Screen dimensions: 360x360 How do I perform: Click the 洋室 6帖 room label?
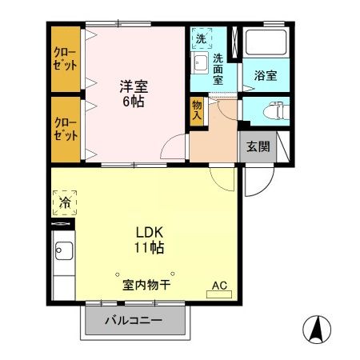point(133,94)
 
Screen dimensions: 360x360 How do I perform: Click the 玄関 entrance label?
point(257,146)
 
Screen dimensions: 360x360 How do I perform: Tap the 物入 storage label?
point(197,110)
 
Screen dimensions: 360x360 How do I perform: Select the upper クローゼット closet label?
point(66,59)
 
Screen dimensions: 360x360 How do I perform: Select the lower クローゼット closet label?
point(66,128)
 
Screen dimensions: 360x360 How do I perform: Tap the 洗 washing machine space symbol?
point(201,38)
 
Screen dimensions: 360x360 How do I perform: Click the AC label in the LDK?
point(218,285)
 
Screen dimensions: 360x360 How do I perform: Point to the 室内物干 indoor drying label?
point(147,285)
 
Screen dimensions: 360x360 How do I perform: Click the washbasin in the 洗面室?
point(200,62)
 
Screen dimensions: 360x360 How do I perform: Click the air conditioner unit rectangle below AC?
point(218,295)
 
